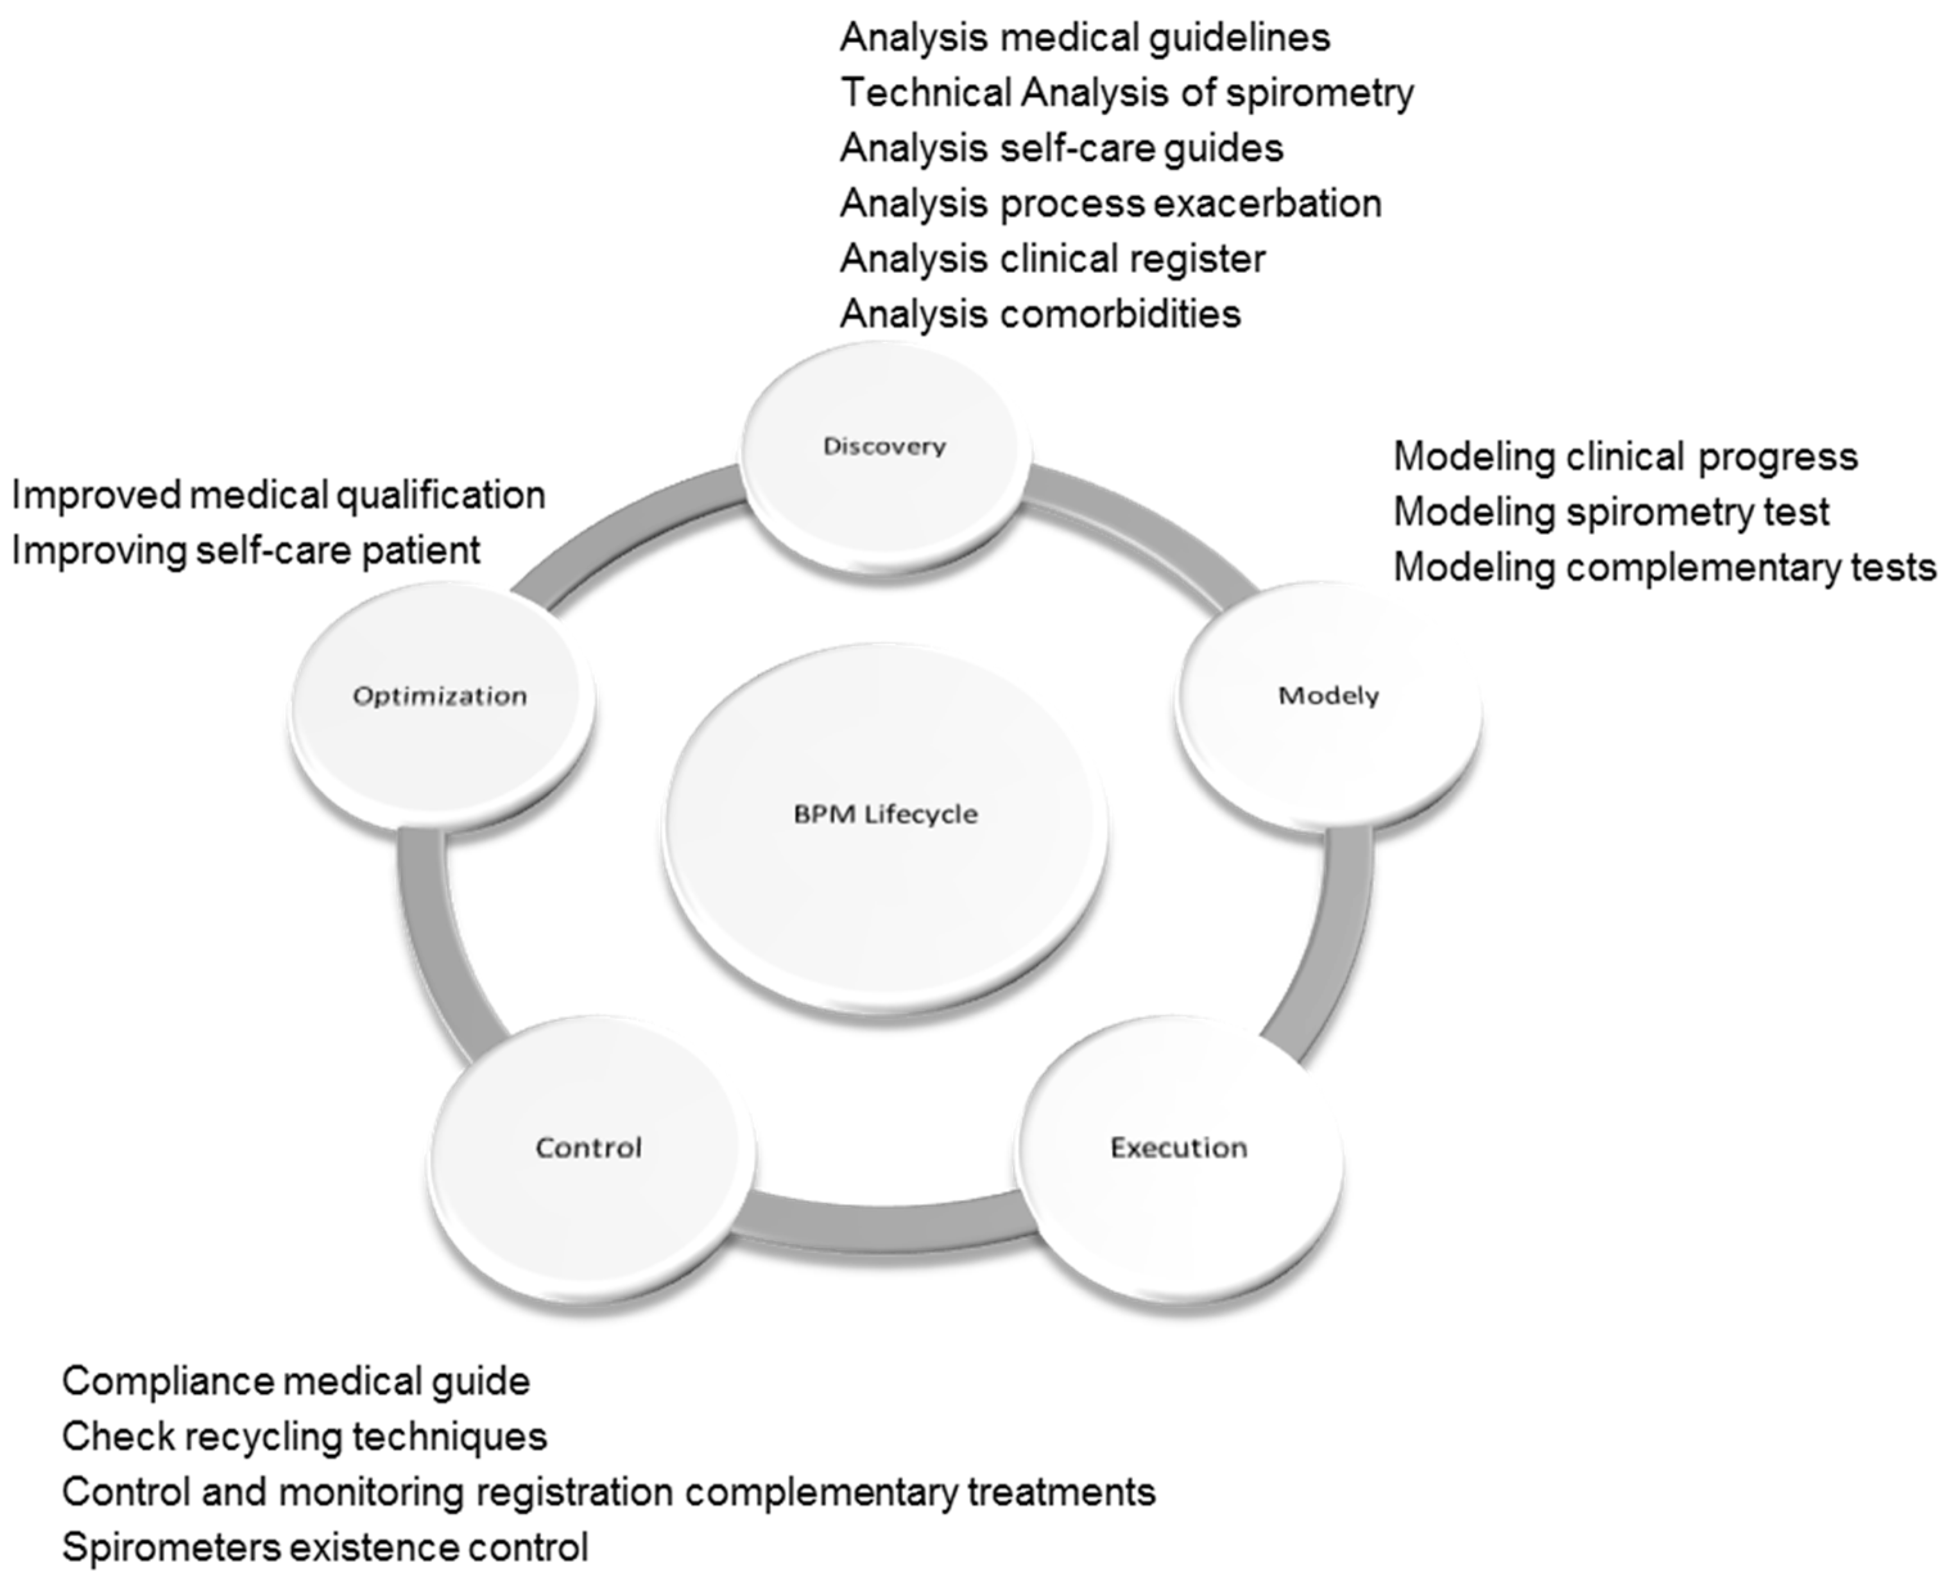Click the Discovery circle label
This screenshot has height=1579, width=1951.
(884, 446)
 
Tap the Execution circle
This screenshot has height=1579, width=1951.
(1178, 1148)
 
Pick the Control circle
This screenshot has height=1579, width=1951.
(589, 1148)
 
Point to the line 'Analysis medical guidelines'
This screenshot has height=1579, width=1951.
(1085, 38)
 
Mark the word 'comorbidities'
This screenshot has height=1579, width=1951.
(1120, 315)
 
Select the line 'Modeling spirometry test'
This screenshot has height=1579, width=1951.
(1610, 512)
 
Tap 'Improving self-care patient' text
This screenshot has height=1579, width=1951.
(245, 551)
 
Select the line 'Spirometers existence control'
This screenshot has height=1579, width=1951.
(325, 1547)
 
